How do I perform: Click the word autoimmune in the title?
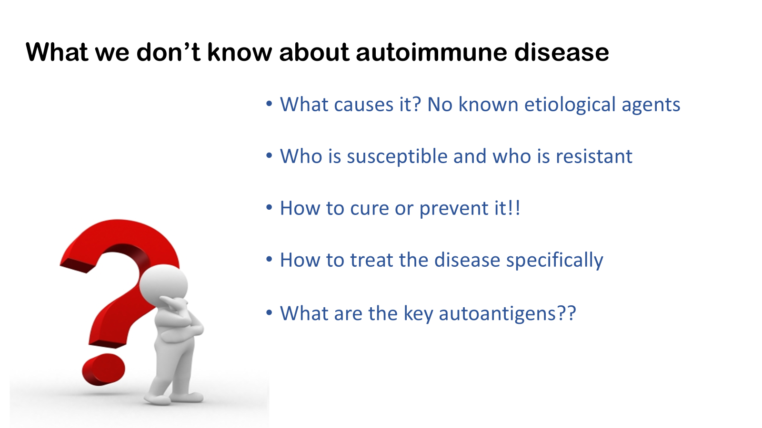pyautogui.click(x=431, y=52)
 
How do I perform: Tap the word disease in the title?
pyautogui.click(x=561, y=52)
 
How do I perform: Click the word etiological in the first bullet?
pyautogui.click(x=570, y=105)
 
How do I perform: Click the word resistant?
pyautogui.click(x=594, y=156)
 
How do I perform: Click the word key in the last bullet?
pyautogui.click(x=418, y=314)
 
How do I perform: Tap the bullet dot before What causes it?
pyautogui.click(x=269, y=104)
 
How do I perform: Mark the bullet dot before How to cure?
pyautogui.click(x=269, y=207)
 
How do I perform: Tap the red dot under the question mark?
pyautogui.click(x=103, y=369)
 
